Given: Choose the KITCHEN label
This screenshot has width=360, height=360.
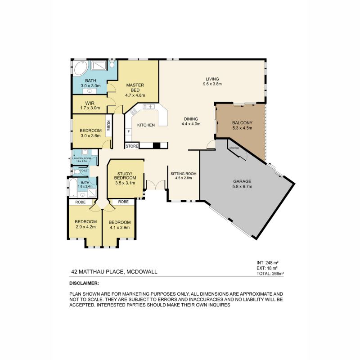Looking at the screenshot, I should point(146,125).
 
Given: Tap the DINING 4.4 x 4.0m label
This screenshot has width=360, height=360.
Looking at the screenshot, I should point(191,121).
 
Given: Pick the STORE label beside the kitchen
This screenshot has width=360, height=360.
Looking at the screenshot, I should point(132,146).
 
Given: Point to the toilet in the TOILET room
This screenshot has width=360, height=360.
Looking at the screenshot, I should point(77,171).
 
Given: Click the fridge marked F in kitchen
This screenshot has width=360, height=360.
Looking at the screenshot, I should point(129,132).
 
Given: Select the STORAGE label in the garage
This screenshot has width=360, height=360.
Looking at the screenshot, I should point(234,148).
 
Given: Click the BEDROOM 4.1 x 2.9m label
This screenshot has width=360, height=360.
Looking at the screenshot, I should point(119,225).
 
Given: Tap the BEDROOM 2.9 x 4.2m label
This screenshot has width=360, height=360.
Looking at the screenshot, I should point(85,224).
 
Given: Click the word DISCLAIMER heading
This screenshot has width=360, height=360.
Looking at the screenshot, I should point(84,283).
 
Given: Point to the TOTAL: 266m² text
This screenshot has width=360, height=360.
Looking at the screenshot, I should point(270,273).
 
